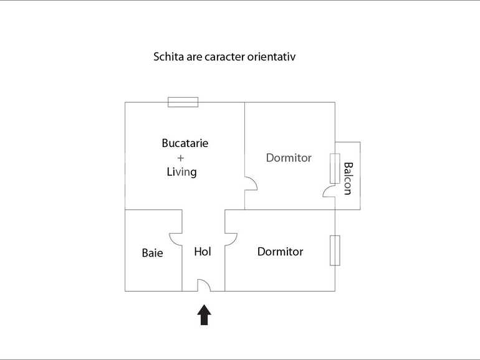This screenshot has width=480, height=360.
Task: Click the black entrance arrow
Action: click(204, 315)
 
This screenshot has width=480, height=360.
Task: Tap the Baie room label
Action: click(152, 253)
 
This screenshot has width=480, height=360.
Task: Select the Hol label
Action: click(203, 252)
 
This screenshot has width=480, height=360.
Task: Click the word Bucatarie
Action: click(185, 143)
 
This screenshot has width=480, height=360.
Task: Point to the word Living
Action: click(181, 172)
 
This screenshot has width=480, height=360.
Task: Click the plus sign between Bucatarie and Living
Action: click(181, 158)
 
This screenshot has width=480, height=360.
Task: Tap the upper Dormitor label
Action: click(289, 158)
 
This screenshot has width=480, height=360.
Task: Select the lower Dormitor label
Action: click(280, 252)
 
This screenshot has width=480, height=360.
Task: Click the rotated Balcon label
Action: click(348, 178)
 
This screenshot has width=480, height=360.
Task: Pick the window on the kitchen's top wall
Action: click(183, 102)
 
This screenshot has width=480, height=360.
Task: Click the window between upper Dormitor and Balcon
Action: click(335, 168)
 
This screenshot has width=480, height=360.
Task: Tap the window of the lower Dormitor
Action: click(335, 250)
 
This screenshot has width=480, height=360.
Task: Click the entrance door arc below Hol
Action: click(204, 286)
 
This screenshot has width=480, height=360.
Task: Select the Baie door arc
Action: click(175, 239)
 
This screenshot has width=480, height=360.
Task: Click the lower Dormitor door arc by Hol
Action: click(231, 239)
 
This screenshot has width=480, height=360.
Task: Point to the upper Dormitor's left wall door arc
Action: click(250, 184)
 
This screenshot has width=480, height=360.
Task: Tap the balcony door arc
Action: click(329, 191)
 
